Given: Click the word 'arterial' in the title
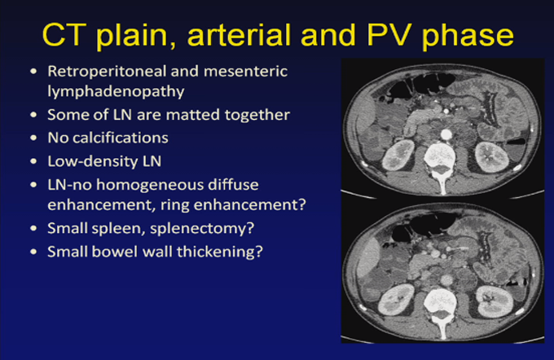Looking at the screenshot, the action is click(x=240, y=35).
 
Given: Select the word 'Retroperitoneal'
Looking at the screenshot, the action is click(x=107, y=72).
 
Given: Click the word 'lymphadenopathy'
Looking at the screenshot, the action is click(x=116, y=91).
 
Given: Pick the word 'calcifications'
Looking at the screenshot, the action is click(x=120, y=138).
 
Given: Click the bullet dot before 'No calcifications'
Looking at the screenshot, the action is click(x=33, y=138).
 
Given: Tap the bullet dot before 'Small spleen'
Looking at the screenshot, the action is click(x=33, y=228).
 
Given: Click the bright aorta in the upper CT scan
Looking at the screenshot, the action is click(x=446, y=134).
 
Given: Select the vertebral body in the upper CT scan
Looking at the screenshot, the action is click(x=439, y=155).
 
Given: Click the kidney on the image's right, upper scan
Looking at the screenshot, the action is click(x=492, y=157).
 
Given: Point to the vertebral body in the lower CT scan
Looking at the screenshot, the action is click(x=439, y=301).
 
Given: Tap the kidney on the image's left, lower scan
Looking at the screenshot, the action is click(x=395, y=301).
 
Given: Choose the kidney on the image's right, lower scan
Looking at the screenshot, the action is click(x=495, y=302).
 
